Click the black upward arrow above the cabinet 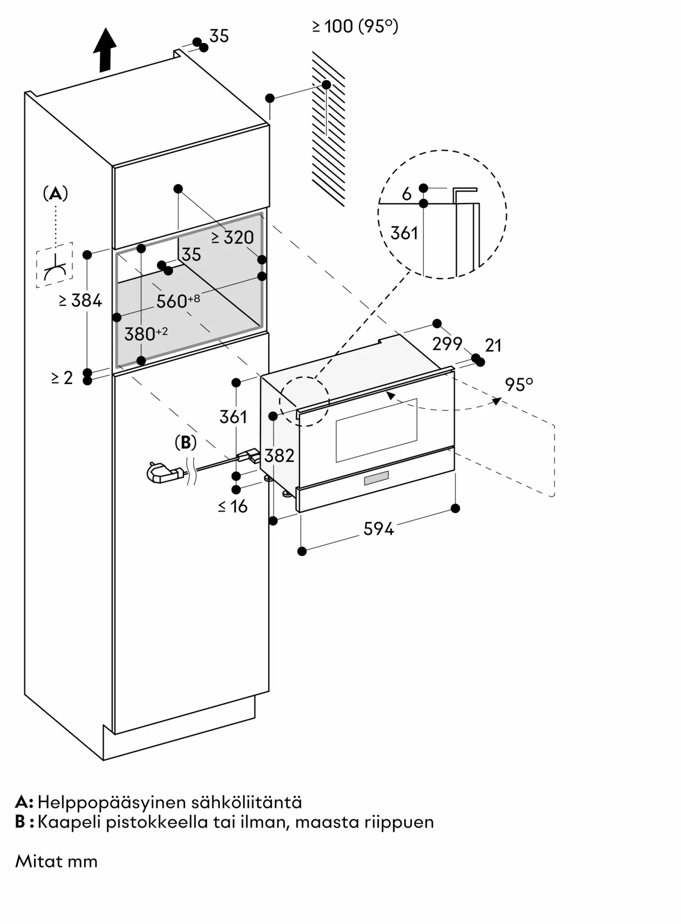105,50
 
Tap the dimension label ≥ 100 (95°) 355,26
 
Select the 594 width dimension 378,529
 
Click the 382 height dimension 280,456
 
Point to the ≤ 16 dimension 233,506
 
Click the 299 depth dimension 447,343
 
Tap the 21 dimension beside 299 493,345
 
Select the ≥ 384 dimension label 80,301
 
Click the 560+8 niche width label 178,301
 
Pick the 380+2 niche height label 146,334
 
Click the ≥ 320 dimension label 232,237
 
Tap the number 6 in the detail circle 407,194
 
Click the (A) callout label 55,193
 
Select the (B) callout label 186,443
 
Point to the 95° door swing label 519,384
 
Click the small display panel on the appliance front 376,479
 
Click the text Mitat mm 56,862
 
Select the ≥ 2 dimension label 62,378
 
